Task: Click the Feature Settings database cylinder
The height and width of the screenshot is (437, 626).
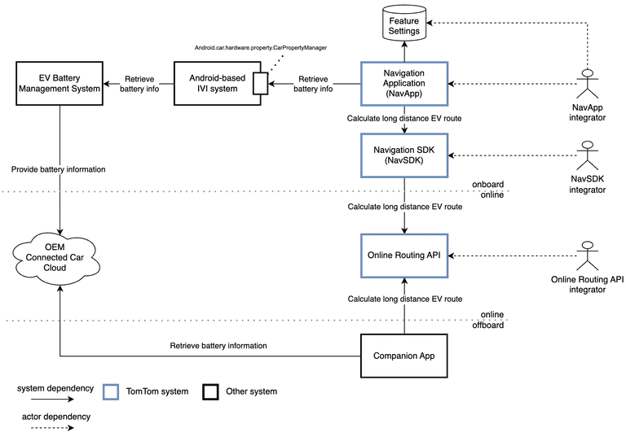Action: [404, 25]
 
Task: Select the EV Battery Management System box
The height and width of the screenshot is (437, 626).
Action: [60, 83]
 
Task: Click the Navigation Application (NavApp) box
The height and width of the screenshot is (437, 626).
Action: [404, 83]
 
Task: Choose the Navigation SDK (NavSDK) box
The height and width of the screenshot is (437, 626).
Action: [404, 155]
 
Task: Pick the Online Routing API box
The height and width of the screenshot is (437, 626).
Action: [404, 256]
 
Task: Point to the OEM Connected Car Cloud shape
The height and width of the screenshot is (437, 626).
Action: [60, 256]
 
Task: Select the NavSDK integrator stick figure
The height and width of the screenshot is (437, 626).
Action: [586, 155]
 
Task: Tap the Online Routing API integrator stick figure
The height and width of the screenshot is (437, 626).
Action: [586, 256]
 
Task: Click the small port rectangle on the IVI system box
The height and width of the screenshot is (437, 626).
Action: [259, 83]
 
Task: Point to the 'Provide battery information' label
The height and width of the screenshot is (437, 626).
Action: [59, 169]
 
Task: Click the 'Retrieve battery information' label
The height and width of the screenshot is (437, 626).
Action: [218, 346]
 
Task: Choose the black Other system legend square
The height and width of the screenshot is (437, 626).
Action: [210, 391]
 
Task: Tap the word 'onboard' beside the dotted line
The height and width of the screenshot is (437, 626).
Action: [488, 185]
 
